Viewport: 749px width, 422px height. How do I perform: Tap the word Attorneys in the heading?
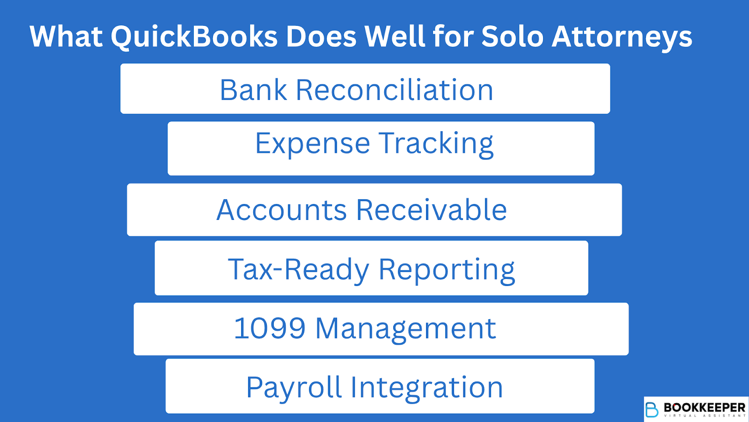click(622, 37)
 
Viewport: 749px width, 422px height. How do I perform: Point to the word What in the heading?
click(66, 37)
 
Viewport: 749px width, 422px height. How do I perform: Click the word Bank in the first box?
click(253, 90)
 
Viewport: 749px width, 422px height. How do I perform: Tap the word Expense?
click(312, 143)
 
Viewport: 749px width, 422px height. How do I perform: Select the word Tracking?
click(436, 143)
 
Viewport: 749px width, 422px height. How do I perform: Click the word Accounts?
click(281, 210)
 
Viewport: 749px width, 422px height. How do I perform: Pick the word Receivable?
click(431, 210)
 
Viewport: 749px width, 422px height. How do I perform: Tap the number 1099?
click(270, 328)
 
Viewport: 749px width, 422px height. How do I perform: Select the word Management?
click(405, 328)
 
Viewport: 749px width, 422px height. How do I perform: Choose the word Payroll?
click(294, 387)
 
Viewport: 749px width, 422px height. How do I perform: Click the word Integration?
click(426, 387)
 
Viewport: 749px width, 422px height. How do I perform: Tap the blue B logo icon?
click(652, 409)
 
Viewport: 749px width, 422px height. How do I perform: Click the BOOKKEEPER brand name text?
click(705, 407)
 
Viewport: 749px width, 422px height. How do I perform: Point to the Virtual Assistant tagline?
click(705, 416)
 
